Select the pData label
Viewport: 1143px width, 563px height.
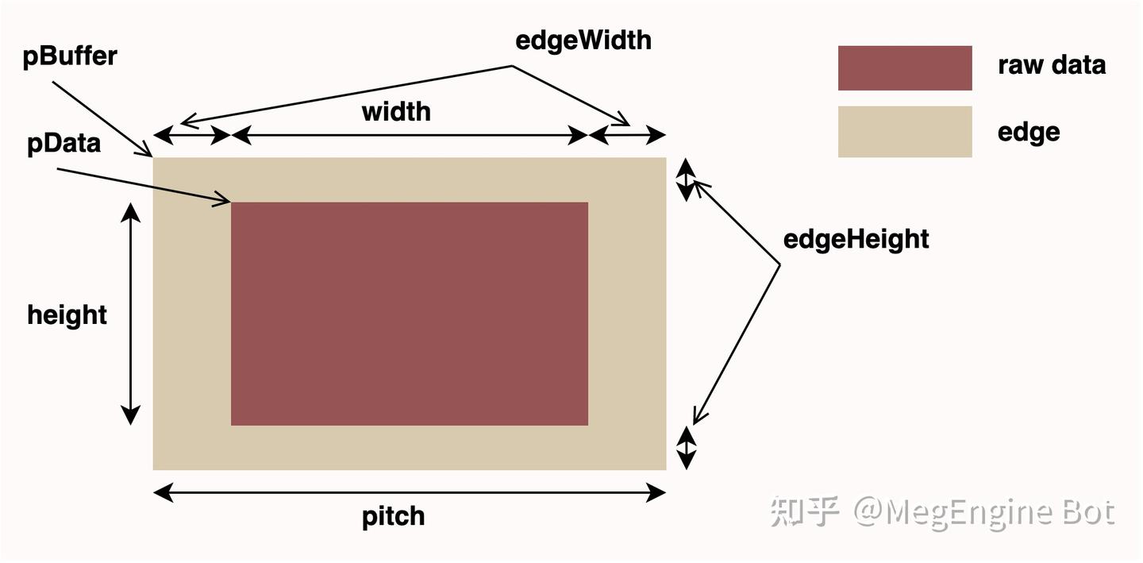(x=63, y=144)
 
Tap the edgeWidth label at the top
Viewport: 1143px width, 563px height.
(x=583, y=40)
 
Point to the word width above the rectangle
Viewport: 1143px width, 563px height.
(x=396, y=112)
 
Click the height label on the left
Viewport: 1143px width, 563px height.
(x=67, y=315)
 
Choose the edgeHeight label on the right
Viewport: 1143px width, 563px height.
(x=856, y=239)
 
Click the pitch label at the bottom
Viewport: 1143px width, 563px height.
(x=394, y=517)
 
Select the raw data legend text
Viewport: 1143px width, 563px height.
(x=1052, y=65)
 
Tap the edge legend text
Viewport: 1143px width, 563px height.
(x=1029, y=132)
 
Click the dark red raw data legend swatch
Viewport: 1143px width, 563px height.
(x=905, y=68)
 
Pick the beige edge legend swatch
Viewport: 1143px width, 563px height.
(x=905, y=132)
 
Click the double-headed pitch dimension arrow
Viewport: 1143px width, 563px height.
(x=409, y=493)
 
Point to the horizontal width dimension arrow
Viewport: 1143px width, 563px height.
(x=410, y=137)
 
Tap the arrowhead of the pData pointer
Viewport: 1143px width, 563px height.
(x=225, y=202)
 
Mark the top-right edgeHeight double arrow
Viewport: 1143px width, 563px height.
(x=686, y=179)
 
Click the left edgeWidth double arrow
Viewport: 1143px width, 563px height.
(x=191, y=136)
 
